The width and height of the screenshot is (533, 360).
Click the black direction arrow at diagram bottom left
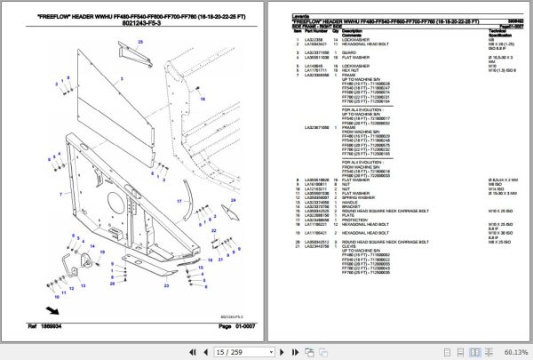pyautogui.click(x=54, y=310)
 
